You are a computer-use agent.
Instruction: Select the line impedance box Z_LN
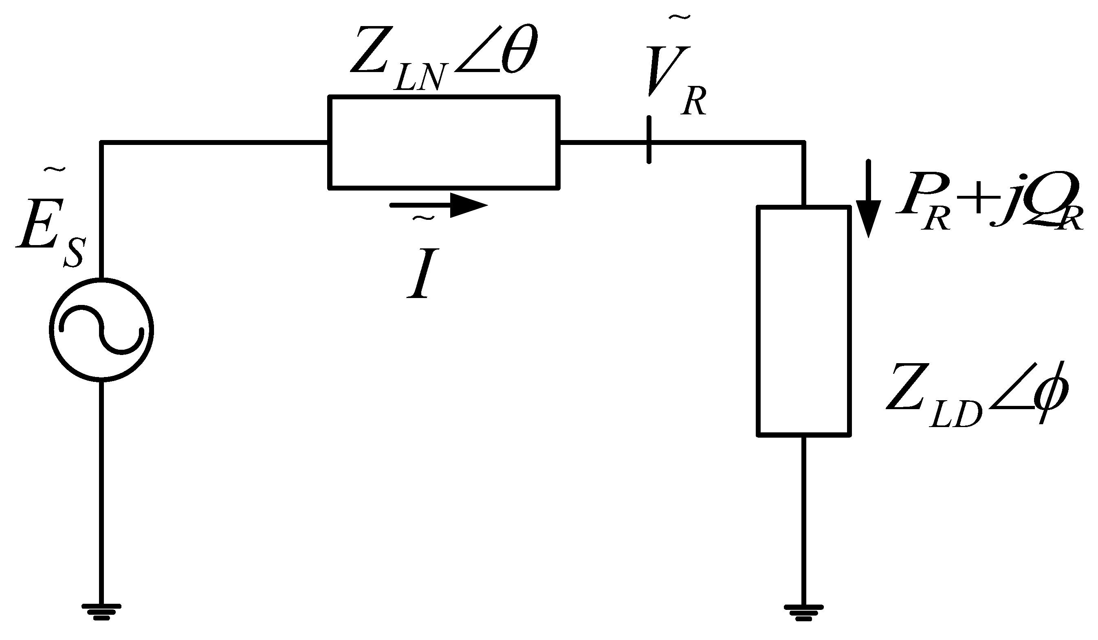(444, 142)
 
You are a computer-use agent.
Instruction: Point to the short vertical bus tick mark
(649, 140)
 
